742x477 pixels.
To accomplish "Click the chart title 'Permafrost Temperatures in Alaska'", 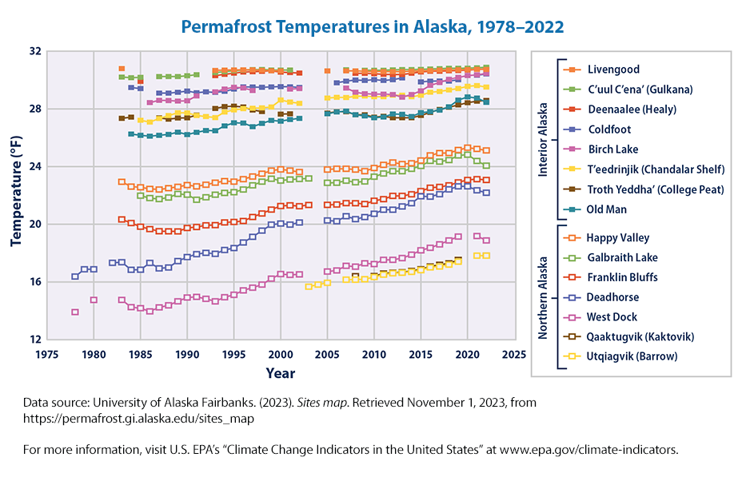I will (372, 26).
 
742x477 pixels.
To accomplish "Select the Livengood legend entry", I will (613, 70).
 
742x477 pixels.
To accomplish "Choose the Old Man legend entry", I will (608, 209).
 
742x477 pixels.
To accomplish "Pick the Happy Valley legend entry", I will (617, 237).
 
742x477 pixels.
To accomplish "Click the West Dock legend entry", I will (612, 316).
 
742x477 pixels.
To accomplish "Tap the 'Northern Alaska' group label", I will (543, 296).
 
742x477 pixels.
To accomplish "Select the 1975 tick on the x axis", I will (47, 354).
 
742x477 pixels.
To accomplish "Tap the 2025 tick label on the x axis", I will (514, 354).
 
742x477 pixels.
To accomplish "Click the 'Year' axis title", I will (280, 372).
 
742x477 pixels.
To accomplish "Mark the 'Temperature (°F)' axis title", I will (15, 195).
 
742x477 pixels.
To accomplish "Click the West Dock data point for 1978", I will (75, 312).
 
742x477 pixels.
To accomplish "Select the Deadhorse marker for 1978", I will (75, 276).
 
